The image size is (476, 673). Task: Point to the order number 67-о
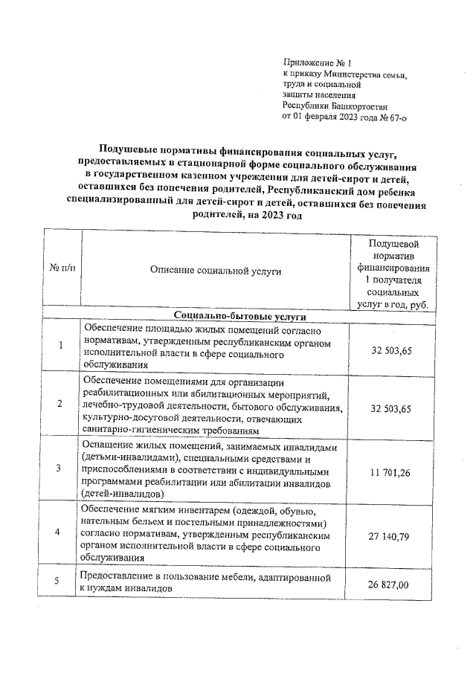pos(392,117)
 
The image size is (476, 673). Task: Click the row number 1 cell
pos(60,346)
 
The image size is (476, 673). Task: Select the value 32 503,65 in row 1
pos(391,350)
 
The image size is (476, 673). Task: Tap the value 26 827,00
pos(391,584)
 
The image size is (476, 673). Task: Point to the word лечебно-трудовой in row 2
pos(122,408)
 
